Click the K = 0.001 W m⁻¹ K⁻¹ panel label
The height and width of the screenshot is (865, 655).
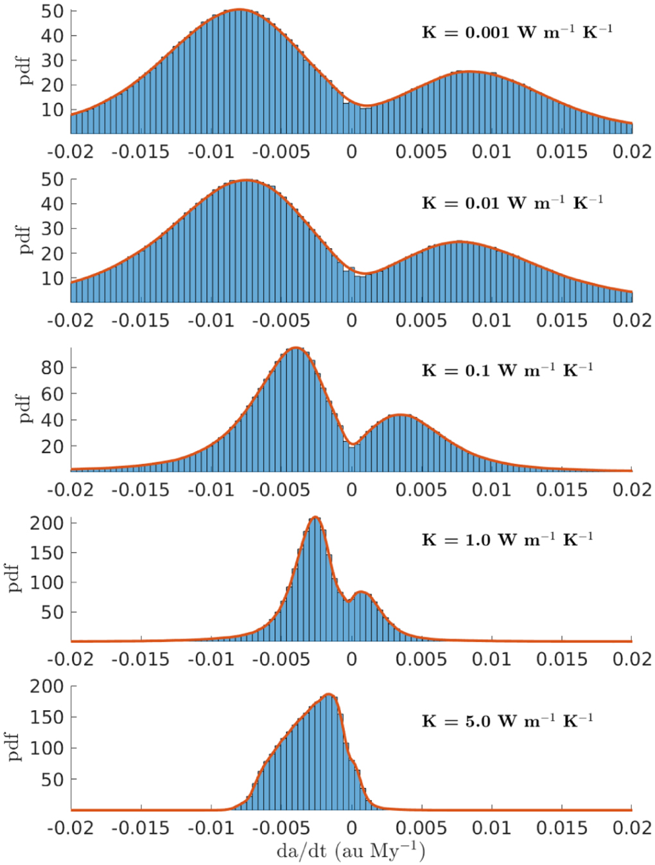click(x=516, y=32)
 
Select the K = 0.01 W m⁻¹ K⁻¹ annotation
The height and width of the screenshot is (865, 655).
click(x=512, y=203)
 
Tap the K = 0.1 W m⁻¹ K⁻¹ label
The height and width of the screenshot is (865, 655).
click(x=507, y=370)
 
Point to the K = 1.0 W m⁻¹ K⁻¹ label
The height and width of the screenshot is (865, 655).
click(x=507, y=539)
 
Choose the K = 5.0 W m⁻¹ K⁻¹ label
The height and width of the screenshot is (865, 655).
click(x=507, y=721)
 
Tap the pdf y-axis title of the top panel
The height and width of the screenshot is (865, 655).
click(x=24, y=71)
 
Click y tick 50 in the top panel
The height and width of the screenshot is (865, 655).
click(x=52, y=11)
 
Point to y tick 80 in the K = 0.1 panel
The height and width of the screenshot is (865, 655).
click(x=52, y=368)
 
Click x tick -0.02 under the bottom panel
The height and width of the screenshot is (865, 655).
click(x=70, y=828)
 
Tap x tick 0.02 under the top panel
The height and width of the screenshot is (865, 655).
click(x=632, y=152)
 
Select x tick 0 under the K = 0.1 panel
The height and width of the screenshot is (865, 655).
click(x=351, y=490)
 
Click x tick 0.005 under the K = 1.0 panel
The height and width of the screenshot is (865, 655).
click(x=421, y=659)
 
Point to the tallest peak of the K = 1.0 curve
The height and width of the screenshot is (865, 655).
click(x=315, y=517)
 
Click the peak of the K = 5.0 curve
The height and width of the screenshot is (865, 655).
click(x=329, y=694)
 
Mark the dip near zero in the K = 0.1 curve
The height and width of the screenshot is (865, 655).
click(x=352, y=443)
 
